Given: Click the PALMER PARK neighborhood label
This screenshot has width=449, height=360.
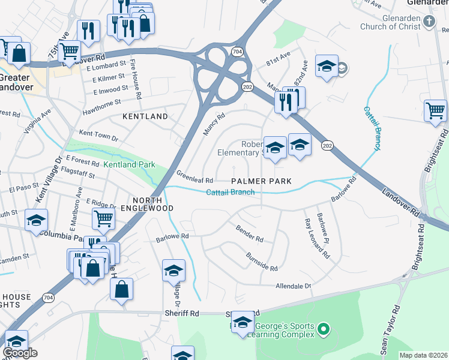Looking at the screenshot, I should click(x=262, y=181).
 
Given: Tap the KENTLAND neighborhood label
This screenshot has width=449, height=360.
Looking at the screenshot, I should click(x=145, y=116).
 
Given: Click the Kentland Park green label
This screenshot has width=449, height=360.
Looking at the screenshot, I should click(x=129, y=164).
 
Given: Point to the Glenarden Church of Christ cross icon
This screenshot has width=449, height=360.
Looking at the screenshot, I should click(x=429, y=22).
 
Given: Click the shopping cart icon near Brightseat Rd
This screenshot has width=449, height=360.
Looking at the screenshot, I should click(x=435, y=110).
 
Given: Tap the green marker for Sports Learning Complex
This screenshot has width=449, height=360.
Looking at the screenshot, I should click(x=324, y=328).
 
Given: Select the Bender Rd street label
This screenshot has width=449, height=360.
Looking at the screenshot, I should click(x=250, y=235).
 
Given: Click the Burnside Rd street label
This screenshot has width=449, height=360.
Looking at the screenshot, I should click(x=262, y=262).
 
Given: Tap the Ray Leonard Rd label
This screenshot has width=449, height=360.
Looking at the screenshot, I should click(x=317, y=238).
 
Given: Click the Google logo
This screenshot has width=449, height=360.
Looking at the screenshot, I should click(x=20, y=353).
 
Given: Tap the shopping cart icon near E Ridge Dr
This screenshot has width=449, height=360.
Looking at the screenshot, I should click(x=104, y=219).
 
